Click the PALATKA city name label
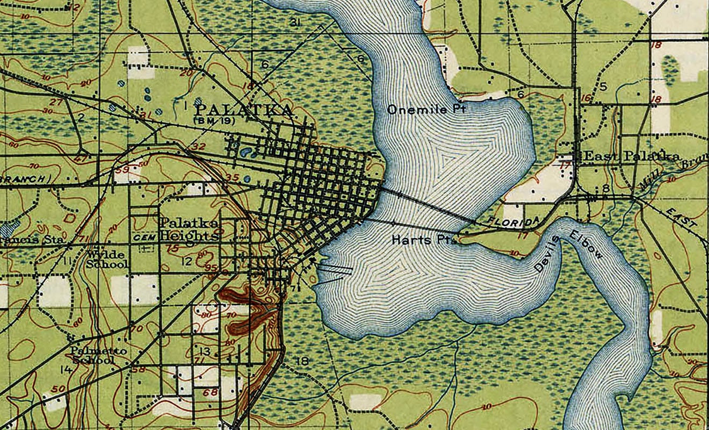click(242, 110)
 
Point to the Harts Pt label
click(424, 240)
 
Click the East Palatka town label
click(632, 156)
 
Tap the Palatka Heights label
click(190, 230)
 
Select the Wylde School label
click(108, 259)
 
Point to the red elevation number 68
click(210, 392)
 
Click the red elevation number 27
click(55, 102)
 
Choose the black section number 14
click(66, 369)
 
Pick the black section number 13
click(205, 352)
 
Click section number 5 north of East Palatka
click(603, 86)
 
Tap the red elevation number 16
click(585, 98)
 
